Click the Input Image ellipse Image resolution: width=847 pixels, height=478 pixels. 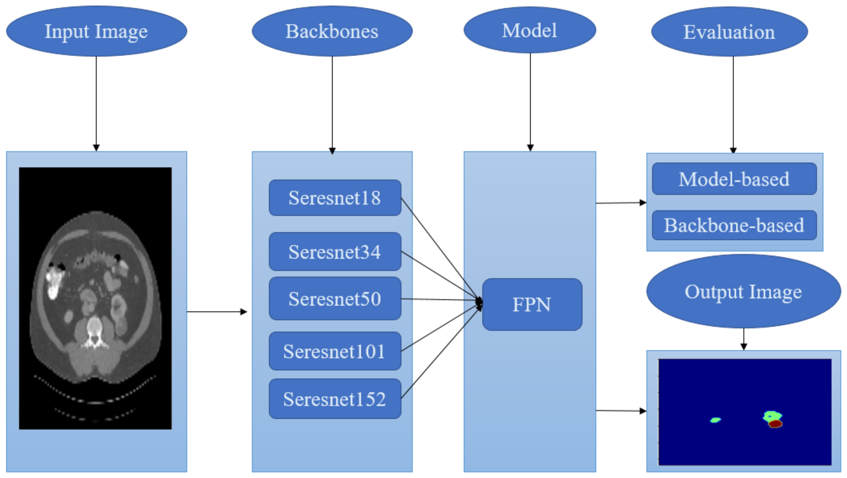click(x=96, y=31)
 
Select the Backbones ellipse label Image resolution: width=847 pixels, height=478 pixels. click(x=332, y=31)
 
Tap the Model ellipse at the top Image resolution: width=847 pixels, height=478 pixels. click(x=529, y=30)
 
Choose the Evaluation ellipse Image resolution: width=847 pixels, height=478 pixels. click(x=729, y=32)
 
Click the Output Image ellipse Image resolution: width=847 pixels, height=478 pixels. click(x=743, y=291)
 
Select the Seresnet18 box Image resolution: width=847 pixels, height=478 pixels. click(x=335, y=198)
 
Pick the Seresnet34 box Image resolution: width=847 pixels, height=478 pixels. click(x=335, y=252)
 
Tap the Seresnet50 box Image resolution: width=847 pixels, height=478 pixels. click(x=335, y=298)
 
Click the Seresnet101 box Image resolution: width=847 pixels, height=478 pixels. click(x=335, y=351)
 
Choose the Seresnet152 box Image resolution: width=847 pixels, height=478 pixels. click(x=335, y=399)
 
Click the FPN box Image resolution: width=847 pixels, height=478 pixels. click(x=532, y=304)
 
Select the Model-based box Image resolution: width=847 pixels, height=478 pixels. click(x=734, y=179)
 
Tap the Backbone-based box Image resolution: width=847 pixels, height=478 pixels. click(x=734, y=225)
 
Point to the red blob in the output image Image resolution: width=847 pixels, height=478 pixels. click(x=775, y=424)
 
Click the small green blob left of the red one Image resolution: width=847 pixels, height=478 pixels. click(x=716, y=420)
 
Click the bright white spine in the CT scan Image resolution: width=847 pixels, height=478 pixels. click(x=95, y=329)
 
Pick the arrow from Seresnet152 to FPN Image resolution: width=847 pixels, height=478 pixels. click(x=441, y=354)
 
